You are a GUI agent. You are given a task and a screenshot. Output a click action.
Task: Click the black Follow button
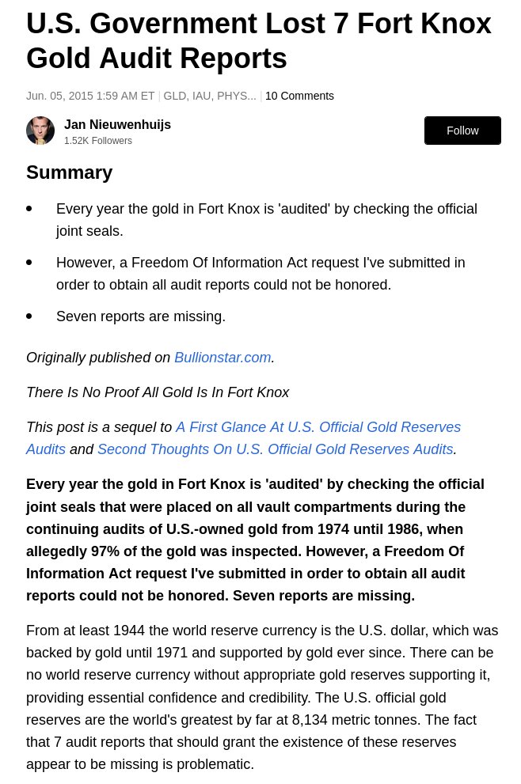click(x=462, y=131)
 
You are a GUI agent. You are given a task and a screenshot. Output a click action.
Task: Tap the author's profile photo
click(x=40, y=131)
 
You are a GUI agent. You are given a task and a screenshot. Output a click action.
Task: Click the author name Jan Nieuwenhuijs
click(x=117, y=124)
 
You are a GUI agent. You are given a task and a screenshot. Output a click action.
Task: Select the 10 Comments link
click(x=299, y=96)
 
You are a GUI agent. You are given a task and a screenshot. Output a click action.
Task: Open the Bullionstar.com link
click(x=222, y=358)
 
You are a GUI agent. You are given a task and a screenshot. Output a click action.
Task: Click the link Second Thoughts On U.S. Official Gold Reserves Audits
click(x=275, y=449)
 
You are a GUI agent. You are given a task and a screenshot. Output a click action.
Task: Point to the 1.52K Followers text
click(x=98, y=141)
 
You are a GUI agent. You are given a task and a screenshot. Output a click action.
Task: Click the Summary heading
click(x=69, y=172)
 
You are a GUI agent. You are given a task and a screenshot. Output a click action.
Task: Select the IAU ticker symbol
click(x=202, y=96)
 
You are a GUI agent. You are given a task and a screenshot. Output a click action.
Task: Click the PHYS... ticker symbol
click(x=237, y=96)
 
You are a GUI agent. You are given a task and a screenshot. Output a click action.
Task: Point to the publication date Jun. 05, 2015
click(x=59, y=96)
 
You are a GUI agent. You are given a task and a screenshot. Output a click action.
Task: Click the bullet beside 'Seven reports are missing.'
click(x=29, y=316)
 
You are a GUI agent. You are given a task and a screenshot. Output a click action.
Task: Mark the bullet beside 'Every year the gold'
click(x=29, y=209)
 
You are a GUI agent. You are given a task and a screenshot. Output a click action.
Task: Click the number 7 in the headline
click(x=340, y=24)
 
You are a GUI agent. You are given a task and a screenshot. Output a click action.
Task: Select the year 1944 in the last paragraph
click(x=128, y=631)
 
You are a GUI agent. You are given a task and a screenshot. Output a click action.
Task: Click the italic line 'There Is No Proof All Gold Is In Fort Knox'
click(x=158, y=392)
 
